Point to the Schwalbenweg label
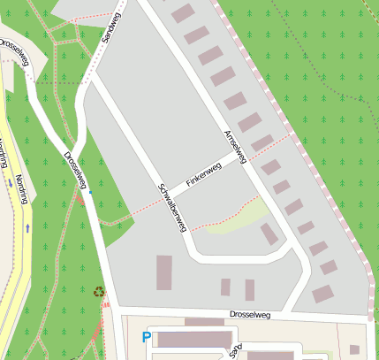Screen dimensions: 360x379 point(171,207)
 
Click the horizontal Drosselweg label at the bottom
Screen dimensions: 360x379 point(249,314)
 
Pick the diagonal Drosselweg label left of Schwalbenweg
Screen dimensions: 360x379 point(75,171)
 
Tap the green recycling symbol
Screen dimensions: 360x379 point(99,290)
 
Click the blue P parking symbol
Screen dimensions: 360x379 point(146,337)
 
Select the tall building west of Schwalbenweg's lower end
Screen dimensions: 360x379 point(164,272)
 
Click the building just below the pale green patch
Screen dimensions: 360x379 point(269,234)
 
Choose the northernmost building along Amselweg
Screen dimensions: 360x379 point(183,13)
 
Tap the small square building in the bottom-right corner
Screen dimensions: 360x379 point(354,349)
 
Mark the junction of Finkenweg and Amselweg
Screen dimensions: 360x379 point(241,157)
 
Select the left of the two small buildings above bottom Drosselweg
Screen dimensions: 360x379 point(225,287)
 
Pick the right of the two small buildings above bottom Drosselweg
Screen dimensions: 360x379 point(250,289)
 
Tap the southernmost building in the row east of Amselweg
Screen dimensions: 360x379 point(323,294)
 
